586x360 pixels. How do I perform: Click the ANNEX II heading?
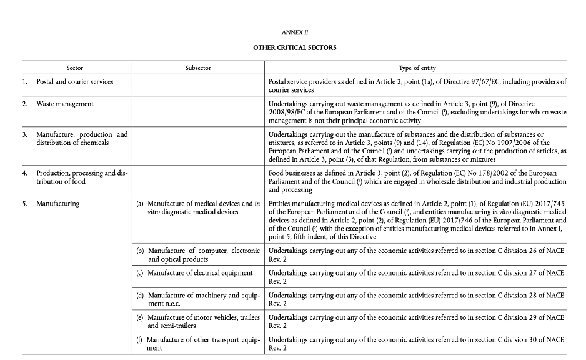(x=294, y=31)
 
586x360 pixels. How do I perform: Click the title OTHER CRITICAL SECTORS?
(x=294, y=47)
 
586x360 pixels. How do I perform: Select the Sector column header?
(x=75, y=67)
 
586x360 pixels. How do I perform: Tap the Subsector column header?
(x=198, y=67)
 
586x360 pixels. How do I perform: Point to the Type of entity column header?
(x=417, y=67)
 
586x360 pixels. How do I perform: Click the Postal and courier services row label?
(x=74, y=81)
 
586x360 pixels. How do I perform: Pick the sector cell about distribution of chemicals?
(x=81, y=138)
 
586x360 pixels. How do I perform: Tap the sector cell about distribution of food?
(x=81, y=177)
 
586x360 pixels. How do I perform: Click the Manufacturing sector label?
(x=57, y=204)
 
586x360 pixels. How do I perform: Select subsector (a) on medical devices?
(x=198, y=207)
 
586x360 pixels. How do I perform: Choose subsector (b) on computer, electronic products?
(x=198, y=255)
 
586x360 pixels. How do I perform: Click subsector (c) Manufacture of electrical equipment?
(x=194, y=272)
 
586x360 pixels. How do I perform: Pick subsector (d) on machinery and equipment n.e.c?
(x=198, y=299)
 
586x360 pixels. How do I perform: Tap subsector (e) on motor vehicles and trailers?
(x=198, y=321)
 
